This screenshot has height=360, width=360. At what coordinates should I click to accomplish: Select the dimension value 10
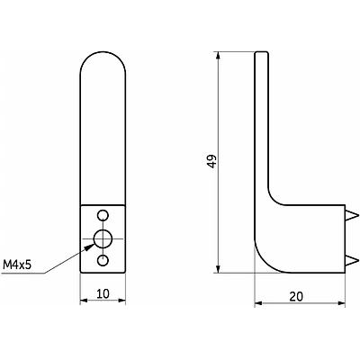pyautogui.click(x=102, y=292)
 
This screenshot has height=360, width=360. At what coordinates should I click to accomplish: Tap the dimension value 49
pyautogui.click(x=210, y=163)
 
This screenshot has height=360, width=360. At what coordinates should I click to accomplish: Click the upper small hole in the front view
pyautogui.click(x=103, y=216)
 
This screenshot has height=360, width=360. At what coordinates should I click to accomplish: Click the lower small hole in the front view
pyautogui.click(x=103, y=260)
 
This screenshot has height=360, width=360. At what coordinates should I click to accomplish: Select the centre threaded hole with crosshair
pyautogui.click(x=103, y=238)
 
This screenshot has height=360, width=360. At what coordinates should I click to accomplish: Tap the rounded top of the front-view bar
pyautogui.click(x=103, y=61)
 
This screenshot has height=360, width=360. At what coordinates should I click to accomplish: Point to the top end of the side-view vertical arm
pyautogui.click(x=261, y=53)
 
